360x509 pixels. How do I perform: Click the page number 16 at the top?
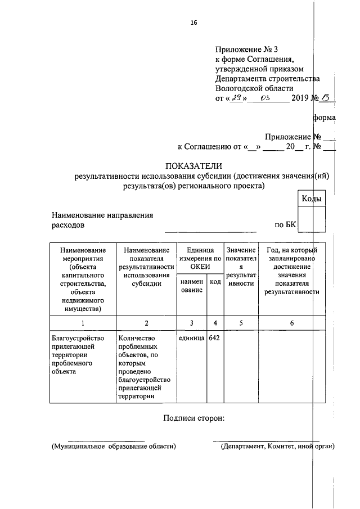pos(193,22)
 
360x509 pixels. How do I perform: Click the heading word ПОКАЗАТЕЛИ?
pos(193,165)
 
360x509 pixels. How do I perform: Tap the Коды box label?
pos(312,199)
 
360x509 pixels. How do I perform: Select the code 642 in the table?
pos(214,339)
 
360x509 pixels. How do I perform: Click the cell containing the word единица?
pos(191,339)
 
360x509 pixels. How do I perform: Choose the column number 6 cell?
pos(291,323)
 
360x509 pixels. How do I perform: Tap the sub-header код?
pos(215,282)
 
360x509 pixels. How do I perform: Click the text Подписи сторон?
pos(193,418)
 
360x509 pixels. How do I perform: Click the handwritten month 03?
pos(265,98)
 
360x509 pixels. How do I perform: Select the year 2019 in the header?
pos(301,98)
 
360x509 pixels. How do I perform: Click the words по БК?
pos(285,225)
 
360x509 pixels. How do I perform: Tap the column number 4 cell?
pos(215,323)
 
